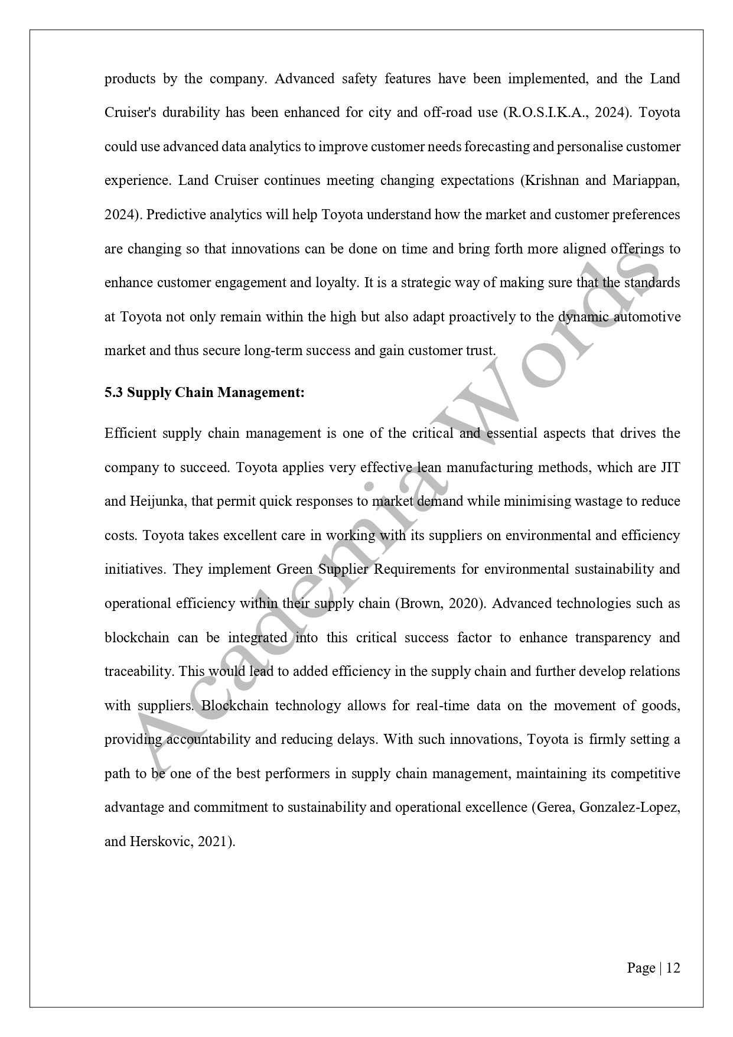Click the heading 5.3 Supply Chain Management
[x=204, y=392]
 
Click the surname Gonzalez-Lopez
[x=629, y=808]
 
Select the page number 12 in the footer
[x=673, y=968]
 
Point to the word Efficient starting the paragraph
[x=131, y=434]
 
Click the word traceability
[x=138, y=672]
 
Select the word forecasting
[x=496, y=147]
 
